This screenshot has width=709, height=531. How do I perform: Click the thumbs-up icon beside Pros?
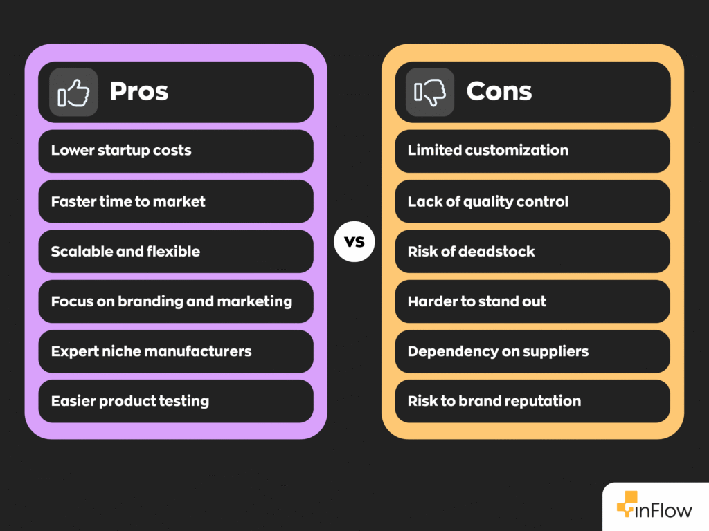(73, 92)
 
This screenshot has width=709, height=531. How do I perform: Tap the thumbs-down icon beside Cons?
(430, 92)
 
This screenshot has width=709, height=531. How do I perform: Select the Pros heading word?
(139, 91)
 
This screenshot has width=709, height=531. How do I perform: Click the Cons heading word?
(499, 91)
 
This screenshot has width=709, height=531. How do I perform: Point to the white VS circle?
(354, 243)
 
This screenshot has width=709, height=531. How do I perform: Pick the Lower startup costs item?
(121, 151)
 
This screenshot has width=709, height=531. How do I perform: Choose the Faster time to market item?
(128, 202)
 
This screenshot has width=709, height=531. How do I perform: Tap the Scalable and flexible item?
(125, 252)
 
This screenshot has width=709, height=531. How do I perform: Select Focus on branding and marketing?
(171, 301)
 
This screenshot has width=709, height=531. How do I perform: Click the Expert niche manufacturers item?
(151, 351)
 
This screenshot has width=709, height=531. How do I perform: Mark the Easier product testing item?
(130, 401)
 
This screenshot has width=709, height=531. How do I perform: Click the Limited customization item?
(487, 151)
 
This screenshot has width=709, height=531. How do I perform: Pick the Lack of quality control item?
(487, 202)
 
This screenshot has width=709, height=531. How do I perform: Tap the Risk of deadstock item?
(471, 252)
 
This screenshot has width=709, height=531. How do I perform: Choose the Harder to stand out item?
(476, 301)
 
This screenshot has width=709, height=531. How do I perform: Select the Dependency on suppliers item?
(498, 351)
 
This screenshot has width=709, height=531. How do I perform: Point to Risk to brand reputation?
(494, 401)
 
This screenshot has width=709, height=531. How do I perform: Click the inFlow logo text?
(664, 511)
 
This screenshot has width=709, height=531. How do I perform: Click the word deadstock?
(497, 252)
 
